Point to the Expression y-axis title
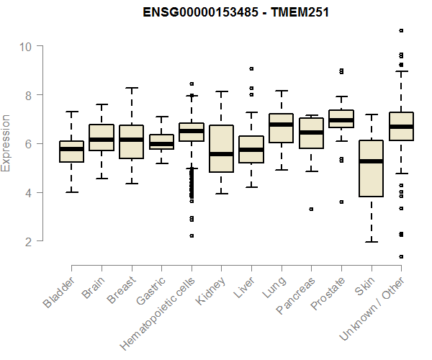(6, 143)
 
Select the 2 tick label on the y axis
(28, 241)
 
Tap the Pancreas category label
(294, 296)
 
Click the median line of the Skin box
(371, 161)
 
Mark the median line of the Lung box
(282, 125)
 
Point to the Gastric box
(161, 142)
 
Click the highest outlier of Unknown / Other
(401, 30)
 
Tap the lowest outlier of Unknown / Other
(401, 257)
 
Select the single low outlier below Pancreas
(311, 209)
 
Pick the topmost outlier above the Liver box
(251, 69)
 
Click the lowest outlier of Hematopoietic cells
(192, 235)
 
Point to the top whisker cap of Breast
(132, 88)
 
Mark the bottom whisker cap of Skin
(371, 242)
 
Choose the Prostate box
(341, 119)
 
